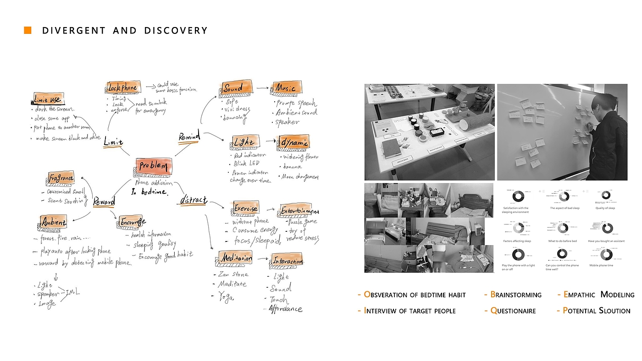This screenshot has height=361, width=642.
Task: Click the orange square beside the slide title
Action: pos(28,31)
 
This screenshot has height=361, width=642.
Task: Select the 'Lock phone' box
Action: pos(123,87)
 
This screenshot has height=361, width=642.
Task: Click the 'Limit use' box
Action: pos(48,98)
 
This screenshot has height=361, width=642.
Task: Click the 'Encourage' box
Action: pos(133,222)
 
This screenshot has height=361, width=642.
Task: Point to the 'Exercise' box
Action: pos(245,208)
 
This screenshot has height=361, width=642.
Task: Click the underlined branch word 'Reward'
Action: pos(103,202)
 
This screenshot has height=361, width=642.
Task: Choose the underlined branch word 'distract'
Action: pos(193,200)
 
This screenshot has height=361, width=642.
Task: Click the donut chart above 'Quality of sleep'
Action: pos(605,196)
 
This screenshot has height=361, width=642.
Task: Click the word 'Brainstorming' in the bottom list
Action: pos(516,295)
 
